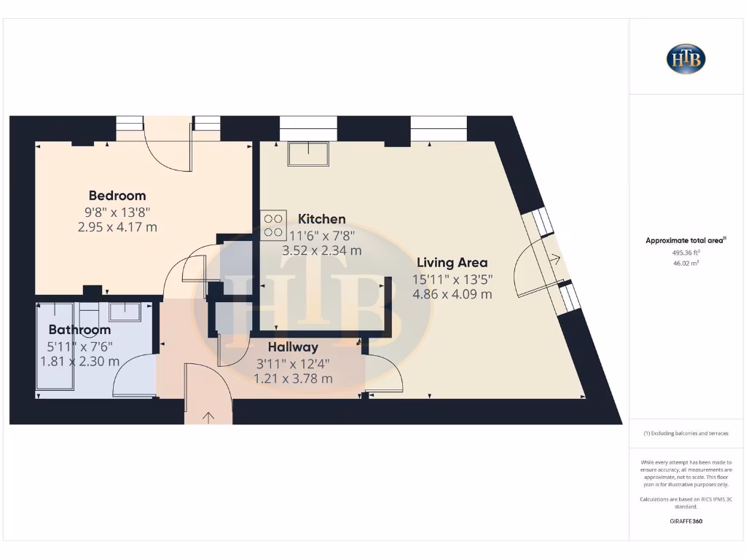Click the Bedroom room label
(x=117, y=195)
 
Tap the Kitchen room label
(x=321, y=218)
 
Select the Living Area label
(x=452, y=262)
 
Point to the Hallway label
(x=293, y=347)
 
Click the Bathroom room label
(x=79, y=330)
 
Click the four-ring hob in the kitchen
(x=273, y=225)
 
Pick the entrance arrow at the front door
(x=208, y=417)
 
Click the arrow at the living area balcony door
(x=556, y=257)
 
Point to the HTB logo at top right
(x=686, y=59)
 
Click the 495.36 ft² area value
(x=686, y=252)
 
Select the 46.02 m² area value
(x=686, y=263)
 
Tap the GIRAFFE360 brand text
(x=686, y=521)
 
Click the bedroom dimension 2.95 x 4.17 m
(x=117, y=227)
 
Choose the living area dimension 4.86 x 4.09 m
(x=452, y=294)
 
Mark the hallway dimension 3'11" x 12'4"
(x=293, y=363)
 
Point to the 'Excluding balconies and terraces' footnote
(x=686, y=433)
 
